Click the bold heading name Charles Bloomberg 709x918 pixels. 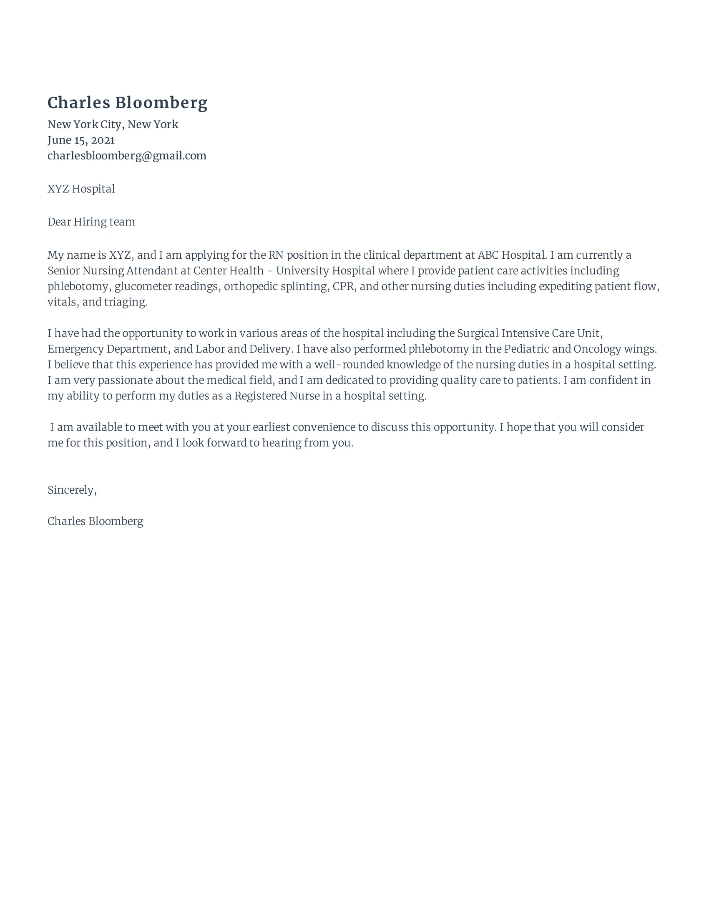click(127, 103)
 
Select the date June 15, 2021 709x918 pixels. click(81, 140)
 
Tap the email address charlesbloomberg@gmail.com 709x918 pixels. click(127, 156)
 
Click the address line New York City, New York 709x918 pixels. click(113, 124)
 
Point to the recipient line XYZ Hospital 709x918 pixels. click(81, 189)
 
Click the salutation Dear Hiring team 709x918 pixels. click(91, 222)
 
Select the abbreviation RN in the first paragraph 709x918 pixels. click(276, 255)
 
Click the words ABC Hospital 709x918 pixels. click(512, 255)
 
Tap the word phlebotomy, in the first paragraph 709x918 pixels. click(79, 287)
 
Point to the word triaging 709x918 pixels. click(125, 302)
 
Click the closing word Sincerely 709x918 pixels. click(72, 490)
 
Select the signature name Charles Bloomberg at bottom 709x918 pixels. click(96, 521)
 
